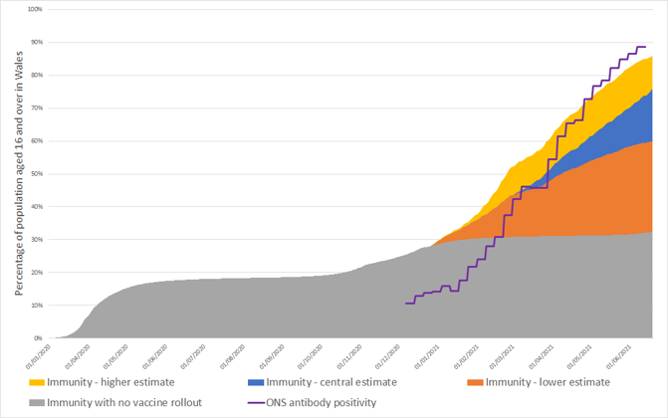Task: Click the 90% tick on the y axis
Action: pyautogui.click(x=35, y=42)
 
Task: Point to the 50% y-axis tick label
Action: pyautogui.click(x=35, y=173)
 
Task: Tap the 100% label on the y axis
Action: pyautogui.click(x=33, y=9)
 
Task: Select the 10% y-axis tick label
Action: pyautogui.click(x=35, y=306)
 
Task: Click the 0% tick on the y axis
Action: pyautogui.click(x=37, y=338)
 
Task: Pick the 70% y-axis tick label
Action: pyautogui.click(x=35, y=107)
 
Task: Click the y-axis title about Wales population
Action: pyautogui.click(x=19, y=174)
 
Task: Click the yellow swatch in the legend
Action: pyautogui.click(x=35, y=381)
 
